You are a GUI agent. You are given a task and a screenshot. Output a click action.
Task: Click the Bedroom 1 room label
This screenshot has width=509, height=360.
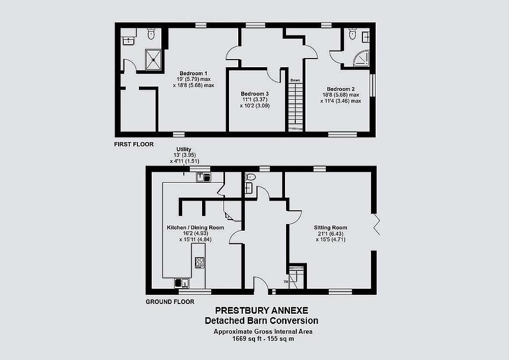[193, 73]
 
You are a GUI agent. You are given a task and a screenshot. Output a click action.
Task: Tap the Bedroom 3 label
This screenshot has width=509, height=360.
[255, 94]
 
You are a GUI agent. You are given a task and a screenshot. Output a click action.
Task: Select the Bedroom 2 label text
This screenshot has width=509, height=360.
[341, 89]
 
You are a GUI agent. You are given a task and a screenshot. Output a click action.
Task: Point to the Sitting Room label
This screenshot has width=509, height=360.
[330, 228]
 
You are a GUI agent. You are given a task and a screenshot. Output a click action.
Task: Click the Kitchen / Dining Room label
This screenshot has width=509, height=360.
[195, 228]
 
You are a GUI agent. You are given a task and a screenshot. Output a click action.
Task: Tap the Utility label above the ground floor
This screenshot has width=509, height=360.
[184, 149]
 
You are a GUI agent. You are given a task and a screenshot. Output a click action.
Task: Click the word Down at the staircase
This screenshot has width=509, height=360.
[295, 80]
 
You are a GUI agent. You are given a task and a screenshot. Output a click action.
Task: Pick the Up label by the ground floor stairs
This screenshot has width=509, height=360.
[286, 282]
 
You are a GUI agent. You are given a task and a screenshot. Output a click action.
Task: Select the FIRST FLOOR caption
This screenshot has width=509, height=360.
[134, 144]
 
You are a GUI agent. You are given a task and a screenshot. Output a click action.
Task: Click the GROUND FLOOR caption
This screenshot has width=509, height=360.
[170, 302]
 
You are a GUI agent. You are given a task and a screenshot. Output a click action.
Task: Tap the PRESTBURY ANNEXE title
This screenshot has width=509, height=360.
[262, 311]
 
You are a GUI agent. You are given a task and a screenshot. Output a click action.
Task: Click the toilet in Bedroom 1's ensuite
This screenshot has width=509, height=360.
[151, 34]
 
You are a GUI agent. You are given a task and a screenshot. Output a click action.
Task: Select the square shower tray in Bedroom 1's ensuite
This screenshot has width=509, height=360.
[153, 59]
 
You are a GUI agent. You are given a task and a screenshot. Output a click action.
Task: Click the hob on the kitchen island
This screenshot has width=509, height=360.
[200, 262]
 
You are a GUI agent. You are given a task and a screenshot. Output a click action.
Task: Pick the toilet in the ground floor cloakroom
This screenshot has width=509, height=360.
[250, 177]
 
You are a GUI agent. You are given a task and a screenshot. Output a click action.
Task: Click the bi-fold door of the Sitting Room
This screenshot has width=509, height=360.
[376, 225]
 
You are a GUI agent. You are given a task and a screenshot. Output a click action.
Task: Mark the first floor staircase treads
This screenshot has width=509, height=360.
[295, 106]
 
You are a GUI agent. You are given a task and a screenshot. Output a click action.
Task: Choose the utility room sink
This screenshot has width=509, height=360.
[204, 177]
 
